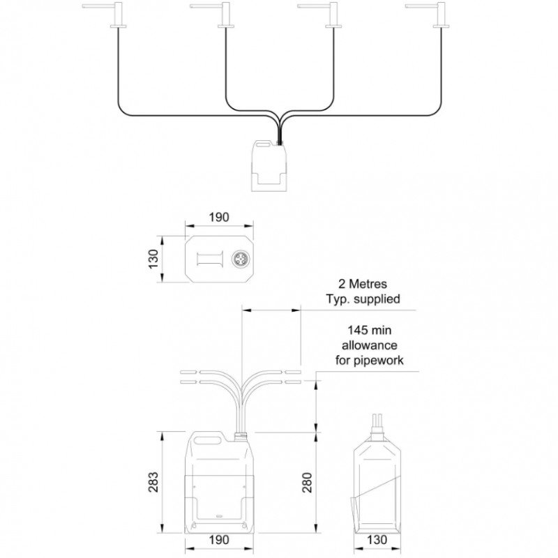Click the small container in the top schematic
pos(269,166)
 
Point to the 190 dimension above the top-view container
pos(219,217)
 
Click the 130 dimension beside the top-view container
pos(153,259)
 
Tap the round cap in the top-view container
pos(239,259)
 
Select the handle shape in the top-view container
pos(211,259)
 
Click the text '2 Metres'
pos(363,284)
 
